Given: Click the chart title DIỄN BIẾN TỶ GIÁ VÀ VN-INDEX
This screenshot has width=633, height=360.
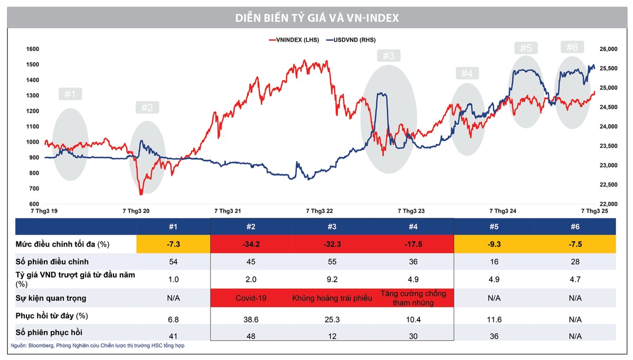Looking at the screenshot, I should click(316, 18).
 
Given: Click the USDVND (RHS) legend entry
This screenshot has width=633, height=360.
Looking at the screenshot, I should click(350, 40).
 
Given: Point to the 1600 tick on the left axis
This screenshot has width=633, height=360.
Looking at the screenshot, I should click(33, 49).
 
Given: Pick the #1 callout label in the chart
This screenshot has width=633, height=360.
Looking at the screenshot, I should click(70, 94).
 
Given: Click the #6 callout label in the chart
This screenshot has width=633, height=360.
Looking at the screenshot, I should click(572, 47).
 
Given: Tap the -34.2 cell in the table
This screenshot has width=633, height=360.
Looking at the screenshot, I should click(251, 244).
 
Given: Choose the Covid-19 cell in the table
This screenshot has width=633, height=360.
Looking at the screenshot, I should click(251, 298).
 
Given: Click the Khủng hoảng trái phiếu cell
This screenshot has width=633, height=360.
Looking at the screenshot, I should click(332, 298).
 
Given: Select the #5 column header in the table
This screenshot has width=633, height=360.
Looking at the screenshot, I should click(494, 227).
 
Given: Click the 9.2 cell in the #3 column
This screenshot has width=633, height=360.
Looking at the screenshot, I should click(332, 280).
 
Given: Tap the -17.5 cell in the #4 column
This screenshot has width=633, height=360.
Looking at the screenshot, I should click(414, 244).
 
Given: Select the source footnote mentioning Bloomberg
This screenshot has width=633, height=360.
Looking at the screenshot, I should click(98, 346).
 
